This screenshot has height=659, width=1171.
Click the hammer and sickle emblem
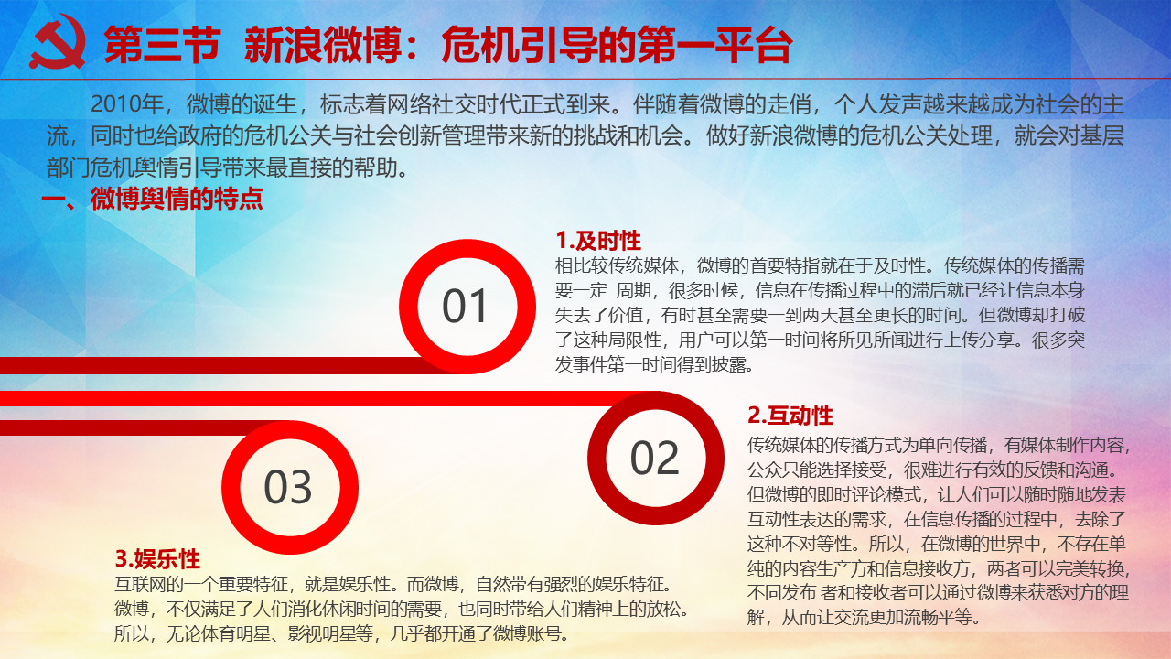tap(58, 42)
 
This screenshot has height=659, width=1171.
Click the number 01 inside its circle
tap(465, 306)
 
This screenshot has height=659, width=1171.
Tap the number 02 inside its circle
tap(654, 458)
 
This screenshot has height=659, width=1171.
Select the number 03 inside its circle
tap(288, 487)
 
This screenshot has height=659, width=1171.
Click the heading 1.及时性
tap(598, 241)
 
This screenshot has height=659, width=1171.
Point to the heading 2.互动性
tap(790, 416)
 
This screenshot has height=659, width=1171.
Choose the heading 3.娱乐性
tap(157, 559)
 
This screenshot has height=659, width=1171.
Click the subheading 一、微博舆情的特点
tap(152, 199)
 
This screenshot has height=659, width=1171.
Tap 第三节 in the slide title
tap(162, 46)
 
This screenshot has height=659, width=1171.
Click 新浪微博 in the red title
tap(323, 46)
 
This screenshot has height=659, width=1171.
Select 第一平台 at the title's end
tap(714, 46)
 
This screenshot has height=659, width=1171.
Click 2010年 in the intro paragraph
tap(127, 104)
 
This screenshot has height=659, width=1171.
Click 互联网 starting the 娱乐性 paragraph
tap(140, 584)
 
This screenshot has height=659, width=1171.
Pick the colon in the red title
tap(413, 47)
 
